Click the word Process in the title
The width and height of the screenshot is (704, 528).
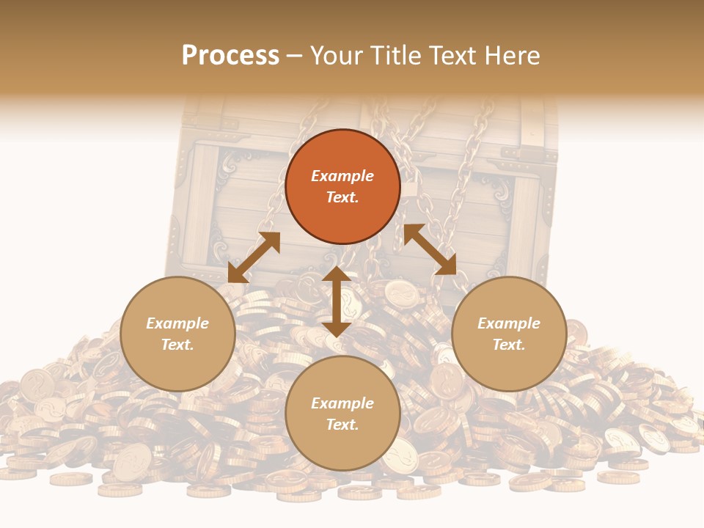coord(230,56)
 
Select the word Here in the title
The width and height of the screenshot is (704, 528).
coord(511,56)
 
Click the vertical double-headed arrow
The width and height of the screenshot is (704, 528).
coord(337,302)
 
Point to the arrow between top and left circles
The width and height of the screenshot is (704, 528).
coord(254,257)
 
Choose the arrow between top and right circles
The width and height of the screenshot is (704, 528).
coord(430,249)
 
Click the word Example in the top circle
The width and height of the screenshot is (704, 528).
coord(342,176)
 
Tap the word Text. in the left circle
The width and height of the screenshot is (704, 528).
coord(177,345)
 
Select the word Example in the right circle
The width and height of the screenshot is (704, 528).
coord(509,323)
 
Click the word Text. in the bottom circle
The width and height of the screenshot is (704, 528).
coord(342,425)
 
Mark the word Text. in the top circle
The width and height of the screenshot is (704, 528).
coord(342,197)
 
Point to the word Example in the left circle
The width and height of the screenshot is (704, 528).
coord(177,323)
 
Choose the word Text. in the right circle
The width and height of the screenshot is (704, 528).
coord(509,345)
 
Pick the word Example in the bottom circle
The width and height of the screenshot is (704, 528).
coord(342,403)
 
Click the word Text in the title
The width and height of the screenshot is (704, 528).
coord(451,56)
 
